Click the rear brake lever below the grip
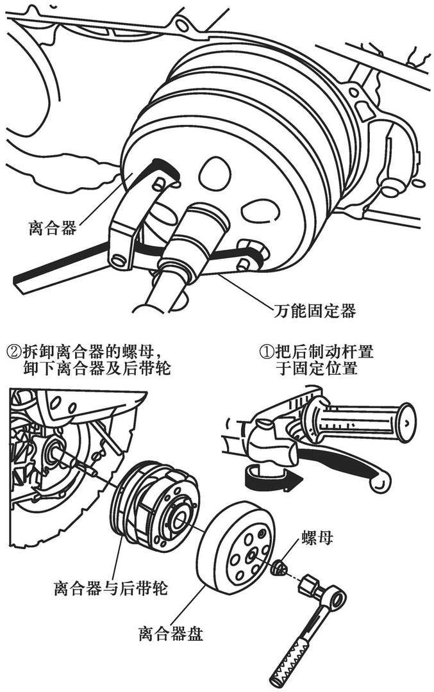coord(340,465)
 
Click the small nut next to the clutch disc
coord(280,566)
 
